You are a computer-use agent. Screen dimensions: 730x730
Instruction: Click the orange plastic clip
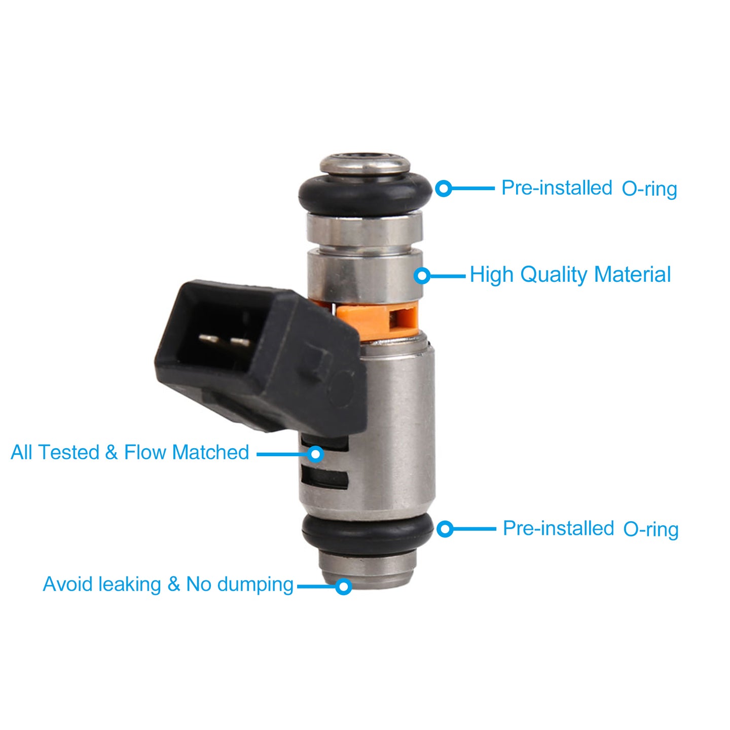pos(377,320)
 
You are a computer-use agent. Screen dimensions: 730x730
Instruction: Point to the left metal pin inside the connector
pos(209,339)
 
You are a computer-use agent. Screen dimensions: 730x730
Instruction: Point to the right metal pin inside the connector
pos(240,343)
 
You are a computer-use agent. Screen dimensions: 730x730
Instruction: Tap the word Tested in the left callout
pos(69,452)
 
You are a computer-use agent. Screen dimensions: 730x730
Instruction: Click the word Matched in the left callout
pos(210,452)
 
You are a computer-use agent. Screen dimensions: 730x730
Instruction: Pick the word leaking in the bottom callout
pos(130,584)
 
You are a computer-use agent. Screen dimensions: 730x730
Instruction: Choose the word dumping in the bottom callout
pos(255,584)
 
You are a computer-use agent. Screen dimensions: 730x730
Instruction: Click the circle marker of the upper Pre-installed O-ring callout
pos(444,188)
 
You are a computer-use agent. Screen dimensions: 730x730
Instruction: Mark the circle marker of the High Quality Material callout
pos(422,276)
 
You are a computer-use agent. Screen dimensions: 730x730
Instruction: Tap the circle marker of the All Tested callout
pos(315,454)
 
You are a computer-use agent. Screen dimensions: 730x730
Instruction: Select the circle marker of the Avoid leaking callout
pos(344,587)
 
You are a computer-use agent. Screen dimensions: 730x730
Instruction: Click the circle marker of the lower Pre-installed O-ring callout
pos(445,529)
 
